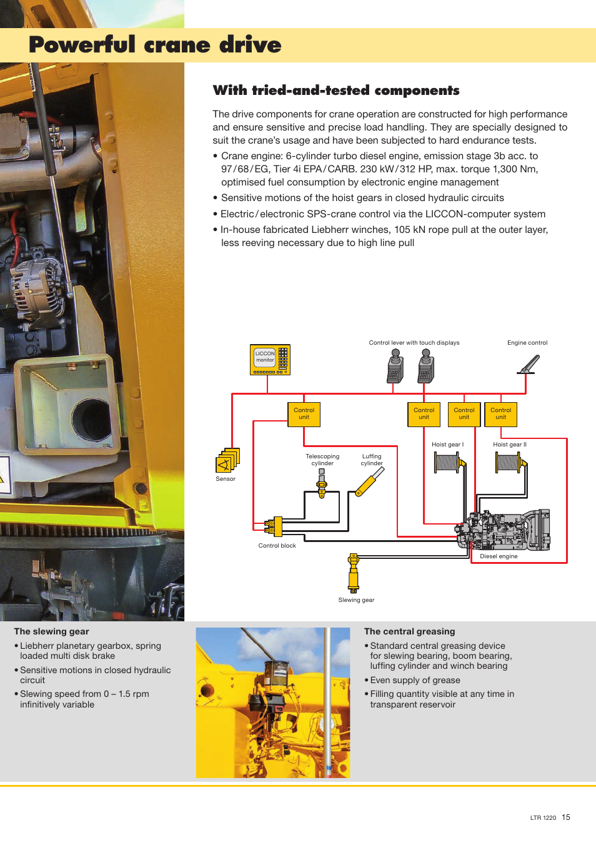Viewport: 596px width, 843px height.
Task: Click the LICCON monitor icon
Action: (x=270, y=360)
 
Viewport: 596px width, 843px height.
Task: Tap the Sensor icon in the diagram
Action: (x=227, y=461)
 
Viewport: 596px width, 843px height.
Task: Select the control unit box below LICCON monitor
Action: (x=304, y=414)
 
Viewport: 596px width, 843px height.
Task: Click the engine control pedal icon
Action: (x=529, y=364)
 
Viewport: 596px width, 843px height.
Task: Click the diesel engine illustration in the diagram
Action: (x=506, y=530)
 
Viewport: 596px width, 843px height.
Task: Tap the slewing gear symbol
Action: (x=354, y=573)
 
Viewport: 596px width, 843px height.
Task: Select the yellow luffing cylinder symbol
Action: (x=369, y=482)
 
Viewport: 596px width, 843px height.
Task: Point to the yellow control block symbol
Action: (x=275, y=526)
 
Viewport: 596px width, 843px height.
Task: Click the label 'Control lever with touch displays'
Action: (x=414, y=343)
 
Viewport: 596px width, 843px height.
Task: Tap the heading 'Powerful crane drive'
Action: (x=155, y=45)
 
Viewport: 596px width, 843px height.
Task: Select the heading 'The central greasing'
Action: (x=409, y=631)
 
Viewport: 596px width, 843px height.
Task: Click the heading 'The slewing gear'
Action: (x=51, y=631)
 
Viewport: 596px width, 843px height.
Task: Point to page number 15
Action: (x=566, y=817)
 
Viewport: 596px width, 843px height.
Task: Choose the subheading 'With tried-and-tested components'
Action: (x=335, y=91)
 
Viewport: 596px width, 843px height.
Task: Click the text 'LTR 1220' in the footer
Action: (x=543, y=818)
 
